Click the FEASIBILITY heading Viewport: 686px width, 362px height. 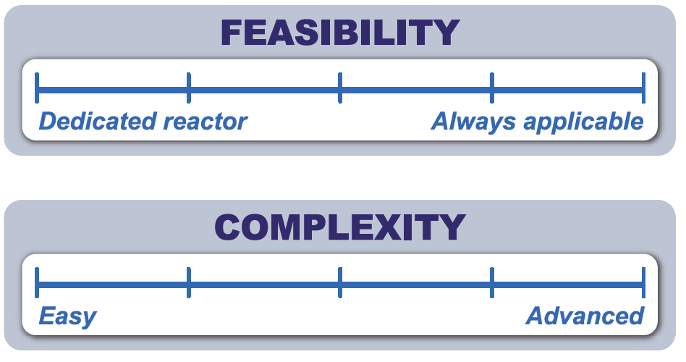pyautogui.click(x=340, y=33)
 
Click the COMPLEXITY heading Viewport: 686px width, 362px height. pyautogui.click(x=340, y=227)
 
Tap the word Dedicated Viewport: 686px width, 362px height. pyautogui.click(x=98, y=121)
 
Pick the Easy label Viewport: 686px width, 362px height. pyautogui.click(x=67, y=317)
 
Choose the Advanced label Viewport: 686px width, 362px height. pyautogui.click(x=585, y=316)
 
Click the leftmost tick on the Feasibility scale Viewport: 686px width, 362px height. pyautogui.click(x=37, y=88)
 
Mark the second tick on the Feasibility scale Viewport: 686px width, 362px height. pyautogui.click(x=189, y=88)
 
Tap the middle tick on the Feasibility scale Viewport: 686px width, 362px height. pyautogui.click(x=340, y=88)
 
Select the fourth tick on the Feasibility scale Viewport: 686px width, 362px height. pyautogui.click(x=492, y=88)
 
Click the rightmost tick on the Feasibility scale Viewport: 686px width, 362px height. pyautogui.click(x=643, y=88)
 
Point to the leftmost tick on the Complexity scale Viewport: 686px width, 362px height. pyautogui.click(x=37, y=283)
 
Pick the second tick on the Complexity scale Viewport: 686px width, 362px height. pyautogui.click(x=189, y=283)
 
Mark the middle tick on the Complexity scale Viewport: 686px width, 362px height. pyautogui.click(x=340, y=283)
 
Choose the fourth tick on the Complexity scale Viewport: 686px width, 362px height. pyautogui.click(x=492, y=283)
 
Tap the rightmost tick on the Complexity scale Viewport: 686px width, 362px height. pyautogui.click(x=643, y=283)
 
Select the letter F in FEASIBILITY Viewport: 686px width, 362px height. pyautogui.click(x=232, y=33)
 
